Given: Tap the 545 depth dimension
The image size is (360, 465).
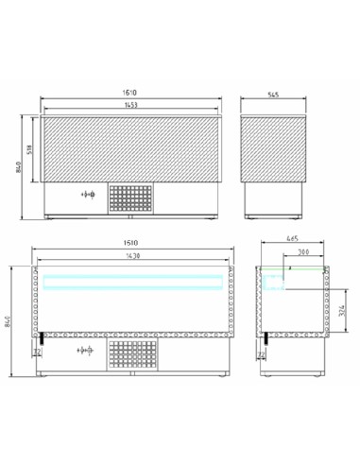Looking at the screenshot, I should (x=274, y=95).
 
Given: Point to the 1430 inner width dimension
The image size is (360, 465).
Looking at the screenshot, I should (x=129, y=258).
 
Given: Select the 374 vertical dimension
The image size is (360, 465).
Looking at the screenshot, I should (x=344, y=304).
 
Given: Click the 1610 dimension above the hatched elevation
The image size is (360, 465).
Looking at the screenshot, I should (x=129, y=92).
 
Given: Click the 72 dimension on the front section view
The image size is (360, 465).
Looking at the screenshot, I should (x=36, y=353).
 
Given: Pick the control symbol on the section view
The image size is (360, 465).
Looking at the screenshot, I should (x=87, y=350).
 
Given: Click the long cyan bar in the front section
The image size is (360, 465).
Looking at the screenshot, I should (x=129, y=279).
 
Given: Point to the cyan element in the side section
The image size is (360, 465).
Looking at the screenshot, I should (x=276, y=278).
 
